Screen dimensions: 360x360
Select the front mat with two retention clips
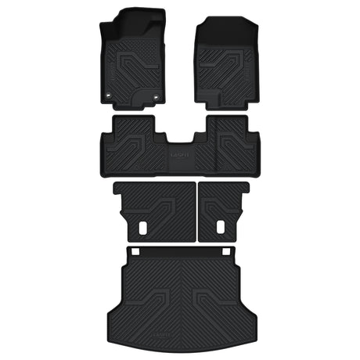135,59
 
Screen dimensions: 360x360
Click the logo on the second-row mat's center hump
179,154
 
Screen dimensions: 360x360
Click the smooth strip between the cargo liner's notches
182,251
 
